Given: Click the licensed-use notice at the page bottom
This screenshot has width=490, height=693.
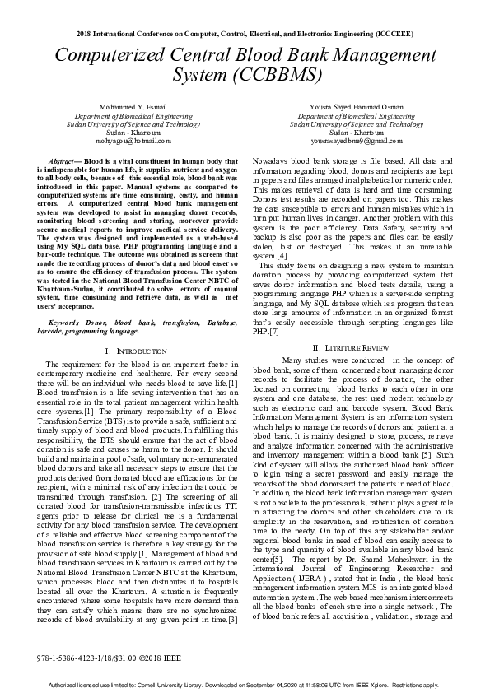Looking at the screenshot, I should click(245, 684).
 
